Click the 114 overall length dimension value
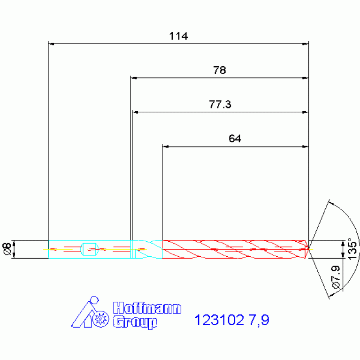tap(178, 36)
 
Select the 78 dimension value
tap(220, 70)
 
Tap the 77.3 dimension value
tap(220, 105)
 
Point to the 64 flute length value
tap(235, 138)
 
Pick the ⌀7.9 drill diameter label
tap(336, 277)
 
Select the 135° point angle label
tap(352, 249)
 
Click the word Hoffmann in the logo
tap(147, 308)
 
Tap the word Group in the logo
tap(135, 322)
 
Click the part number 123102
tap(219, 320)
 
